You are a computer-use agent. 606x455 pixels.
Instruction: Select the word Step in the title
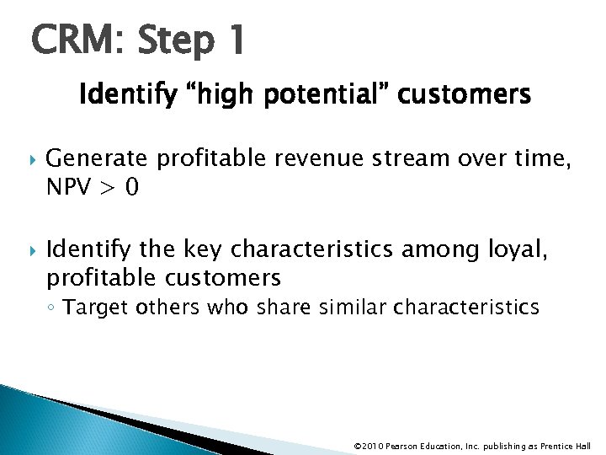(x=171, y=41)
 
